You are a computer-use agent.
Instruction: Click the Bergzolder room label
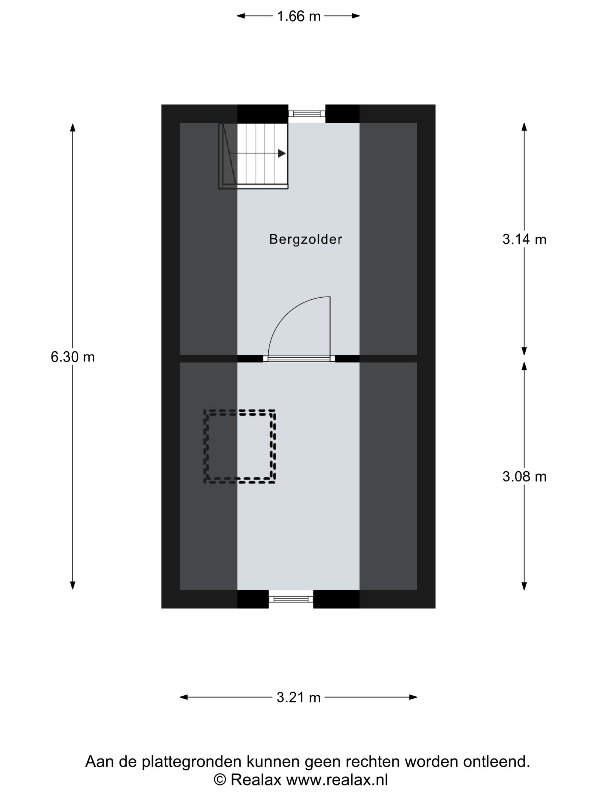[x=306, y=239]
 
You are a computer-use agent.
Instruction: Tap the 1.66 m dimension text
[x=298, y=16]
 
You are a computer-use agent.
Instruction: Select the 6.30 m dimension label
[x=73, y=357]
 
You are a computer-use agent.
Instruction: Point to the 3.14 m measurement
[x=524, y=239]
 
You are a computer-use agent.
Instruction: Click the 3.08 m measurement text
[x=524, y=477]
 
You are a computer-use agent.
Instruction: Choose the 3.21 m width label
[x=298, y=697]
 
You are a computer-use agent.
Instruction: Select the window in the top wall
[x=306, y=114]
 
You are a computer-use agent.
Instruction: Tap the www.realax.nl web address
[x=337, y=780]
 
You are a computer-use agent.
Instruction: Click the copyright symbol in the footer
[x=220, y=780]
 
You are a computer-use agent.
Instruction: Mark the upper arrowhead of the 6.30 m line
[x=73, y=128]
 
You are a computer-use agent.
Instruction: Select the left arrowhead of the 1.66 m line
[x=241, y=16]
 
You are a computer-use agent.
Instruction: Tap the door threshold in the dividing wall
[x=299, y=358]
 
